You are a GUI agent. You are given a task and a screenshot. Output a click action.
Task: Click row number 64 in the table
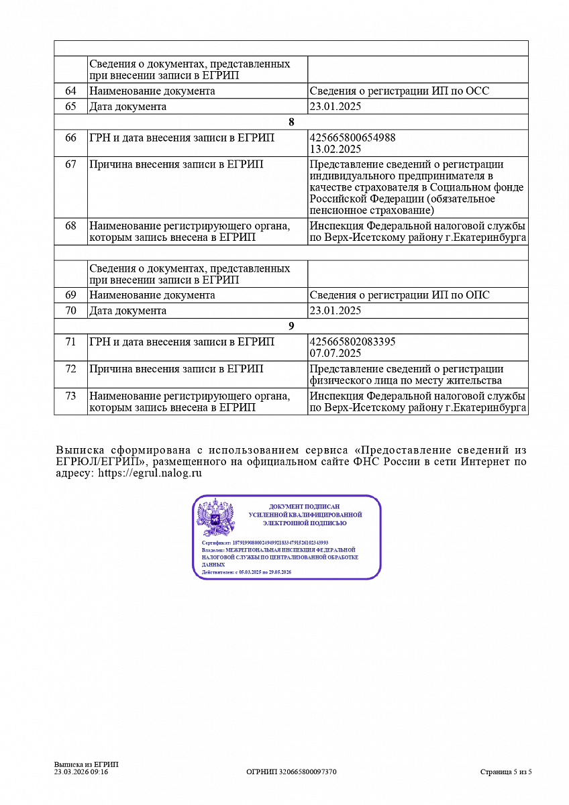pos(70,91)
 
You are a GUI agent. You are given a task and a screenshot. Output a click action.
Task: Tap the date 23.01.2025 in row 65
pos(335,106)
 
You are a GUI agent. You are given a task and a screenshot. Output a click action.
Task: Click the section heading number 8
pos(291,121)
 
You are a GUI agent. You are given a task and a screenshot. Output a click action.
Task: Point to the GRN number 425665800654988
pos(352,138)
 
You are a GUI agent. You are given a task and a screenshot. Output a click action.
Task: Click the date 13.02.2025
pos(335,149)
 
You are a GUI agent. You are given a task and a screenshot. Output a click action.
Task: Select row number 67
pos(70,164)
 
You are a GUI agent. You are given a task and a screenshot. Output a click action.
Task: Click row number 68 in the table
pos(70,226)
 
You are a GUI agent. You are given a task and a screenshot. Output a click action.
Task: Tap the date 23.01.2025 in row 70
pos(335,310)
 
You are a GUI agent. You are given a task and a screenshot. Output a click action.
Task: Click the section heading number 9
pos(291,325)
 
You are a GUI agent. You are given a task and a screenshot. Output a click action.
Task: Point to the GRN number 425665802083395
pos(352,341)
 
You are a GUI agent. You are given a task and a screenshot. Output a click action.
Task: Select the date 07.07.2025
pos(335,353)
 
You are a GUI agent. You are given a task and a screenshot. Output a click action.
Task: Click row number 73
pos(70,396)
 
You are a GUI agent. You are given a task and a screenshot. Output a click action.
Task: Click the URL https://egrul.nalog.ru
pos(150,474)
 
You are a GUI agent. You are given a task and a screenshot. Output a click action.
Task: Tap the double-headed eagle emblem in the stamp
pos(215,517)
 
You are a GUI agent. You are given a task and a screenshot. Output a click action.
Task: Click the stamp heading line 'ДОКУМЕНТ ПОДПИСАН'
pos(305,506)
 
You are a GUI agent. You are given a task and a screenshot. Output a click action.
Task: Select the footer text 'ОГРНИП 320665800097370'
pos(291,772)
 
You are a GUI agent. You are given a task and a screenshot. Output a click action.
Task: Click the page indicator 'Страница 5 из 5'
pos(505,772)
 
